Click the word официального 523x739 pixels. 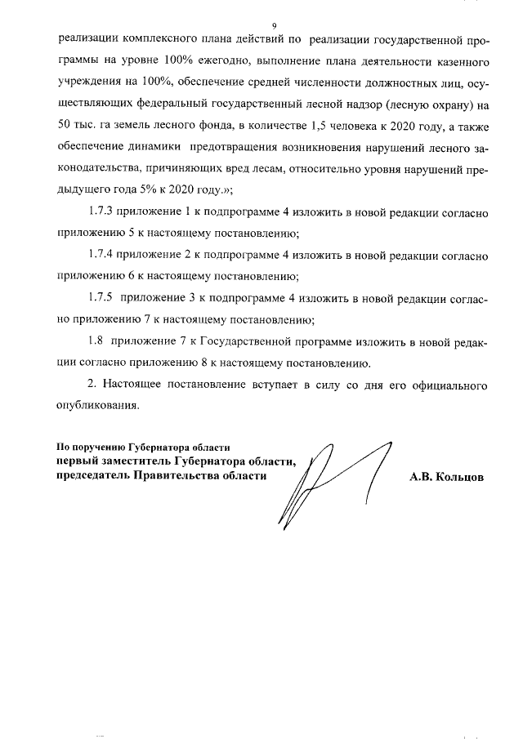point(446,384)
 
